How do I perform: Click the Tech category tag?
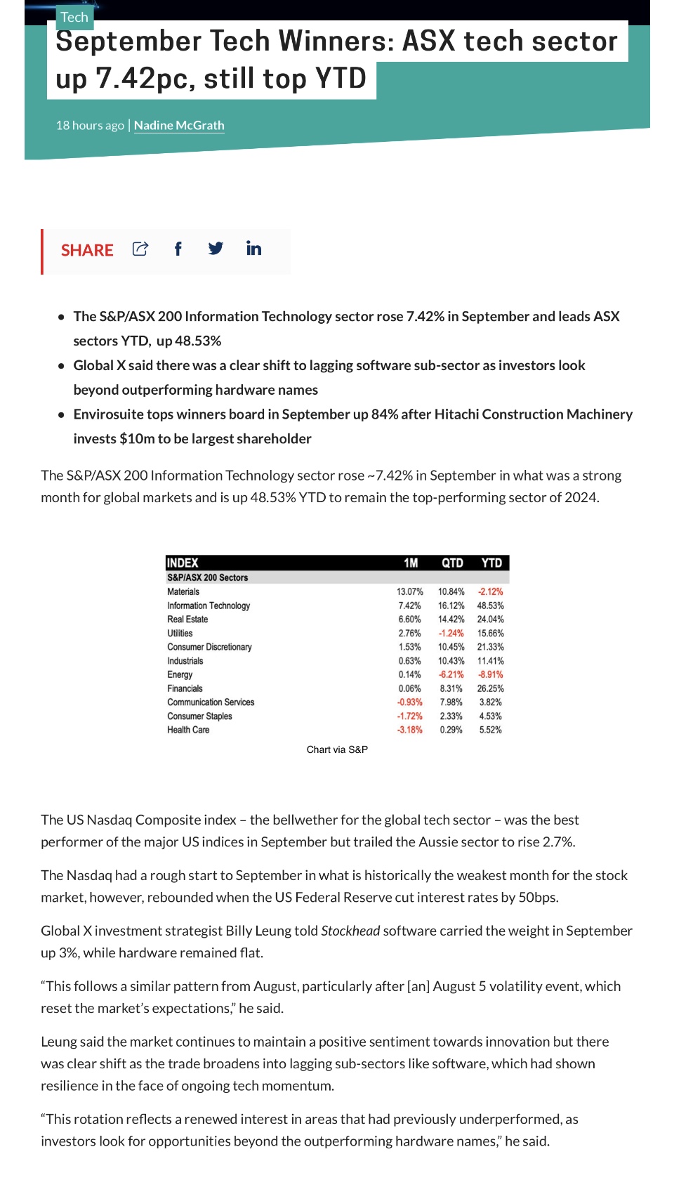(74, 17)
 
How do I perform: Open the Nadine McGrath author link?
(179, 125)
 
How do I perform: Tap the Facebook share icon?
(178, 249)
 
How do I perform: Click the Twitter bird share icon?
(216, 249)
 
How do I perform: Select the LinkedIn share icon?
(253, 248)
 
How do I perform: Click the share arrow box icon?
(140, 249)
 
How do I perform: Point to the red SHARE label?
(87, 250)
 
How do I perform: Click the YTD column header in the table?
(491, 563)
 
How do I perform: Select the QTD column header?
(452, 563)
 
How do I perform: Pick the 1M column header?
(411, 563)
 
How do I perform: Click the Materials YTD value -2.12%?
(490, 591)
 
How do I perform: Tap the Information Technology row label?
(209, 605)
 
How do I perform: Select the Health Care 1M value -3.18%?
(410, 730)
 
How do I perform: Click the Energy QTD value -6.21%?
(451, 674)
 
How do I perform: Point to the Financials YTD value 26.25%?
(490, 688)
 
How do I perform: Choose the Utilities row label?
(180, 633)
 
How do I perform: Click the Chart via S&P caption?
(337, 749)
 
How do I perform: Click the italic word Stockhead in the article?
(350, 931)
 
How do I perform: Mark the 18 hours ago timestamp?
(90, 125)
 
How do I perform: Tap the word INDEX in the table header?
(183, 563)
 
